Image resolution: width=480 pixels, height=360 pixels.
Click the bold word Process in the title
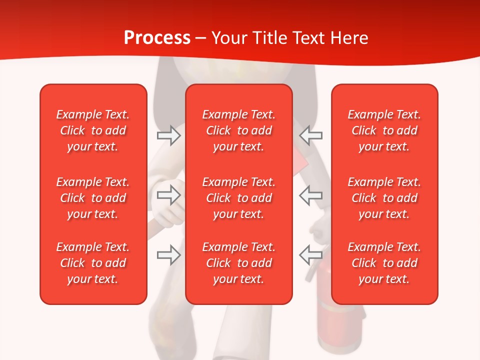157,38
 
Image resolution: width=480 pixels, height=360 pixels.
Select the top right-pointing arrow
168,135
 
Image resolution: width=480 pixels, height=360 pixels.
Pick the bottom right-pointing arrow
168,254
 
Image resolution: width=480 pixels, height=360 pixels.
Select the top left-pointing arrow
311,135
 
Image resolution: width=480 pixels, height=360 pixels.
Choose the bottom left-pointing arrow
311,254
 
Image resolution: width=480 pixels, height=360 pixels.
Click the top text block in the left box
93,130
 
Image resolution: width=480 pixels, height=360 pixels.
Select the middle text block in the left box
93,198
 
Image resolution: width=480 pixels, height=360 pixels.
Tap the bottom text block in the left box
93,263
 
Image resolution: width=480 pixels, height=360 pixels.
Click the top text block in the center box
238,130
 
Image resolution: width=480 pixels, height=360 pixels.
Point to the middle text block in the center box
238,198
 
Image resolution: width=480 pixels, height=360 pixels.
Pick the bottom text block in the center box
238,263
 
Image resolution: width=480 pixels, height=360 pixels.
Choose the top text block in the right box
384,130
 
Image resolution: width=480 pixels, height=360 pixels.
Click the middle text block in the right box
384,198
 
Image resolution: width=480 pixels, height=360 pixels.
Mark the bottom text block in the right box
384,263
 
